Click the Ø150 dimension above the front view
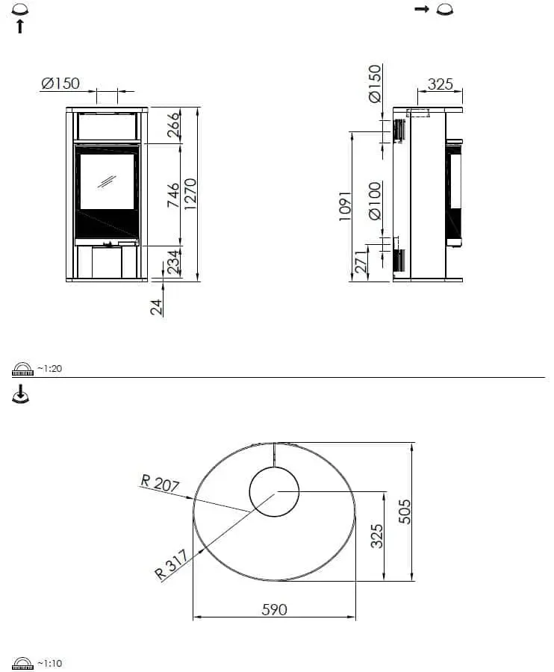[60, 84]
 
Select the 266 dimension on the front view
[173, 124]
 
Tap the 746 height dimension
[173, 196]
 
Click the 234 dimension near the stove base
[173, 263]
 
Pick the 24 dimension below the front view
[157, 307]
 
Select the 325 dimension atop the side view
[440, 84]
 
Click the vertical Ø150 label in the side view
[375, 84]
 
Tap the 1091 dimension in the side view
[344, 206]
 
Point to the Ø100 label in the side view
[375, 200]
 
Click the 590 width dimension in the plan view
[274, 609]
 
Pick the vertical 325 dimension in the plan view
[377, 535]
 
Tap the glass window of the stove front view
[107, 181]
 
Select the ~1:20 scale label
[49, 369]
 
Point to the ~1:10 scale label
[49, 663]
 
